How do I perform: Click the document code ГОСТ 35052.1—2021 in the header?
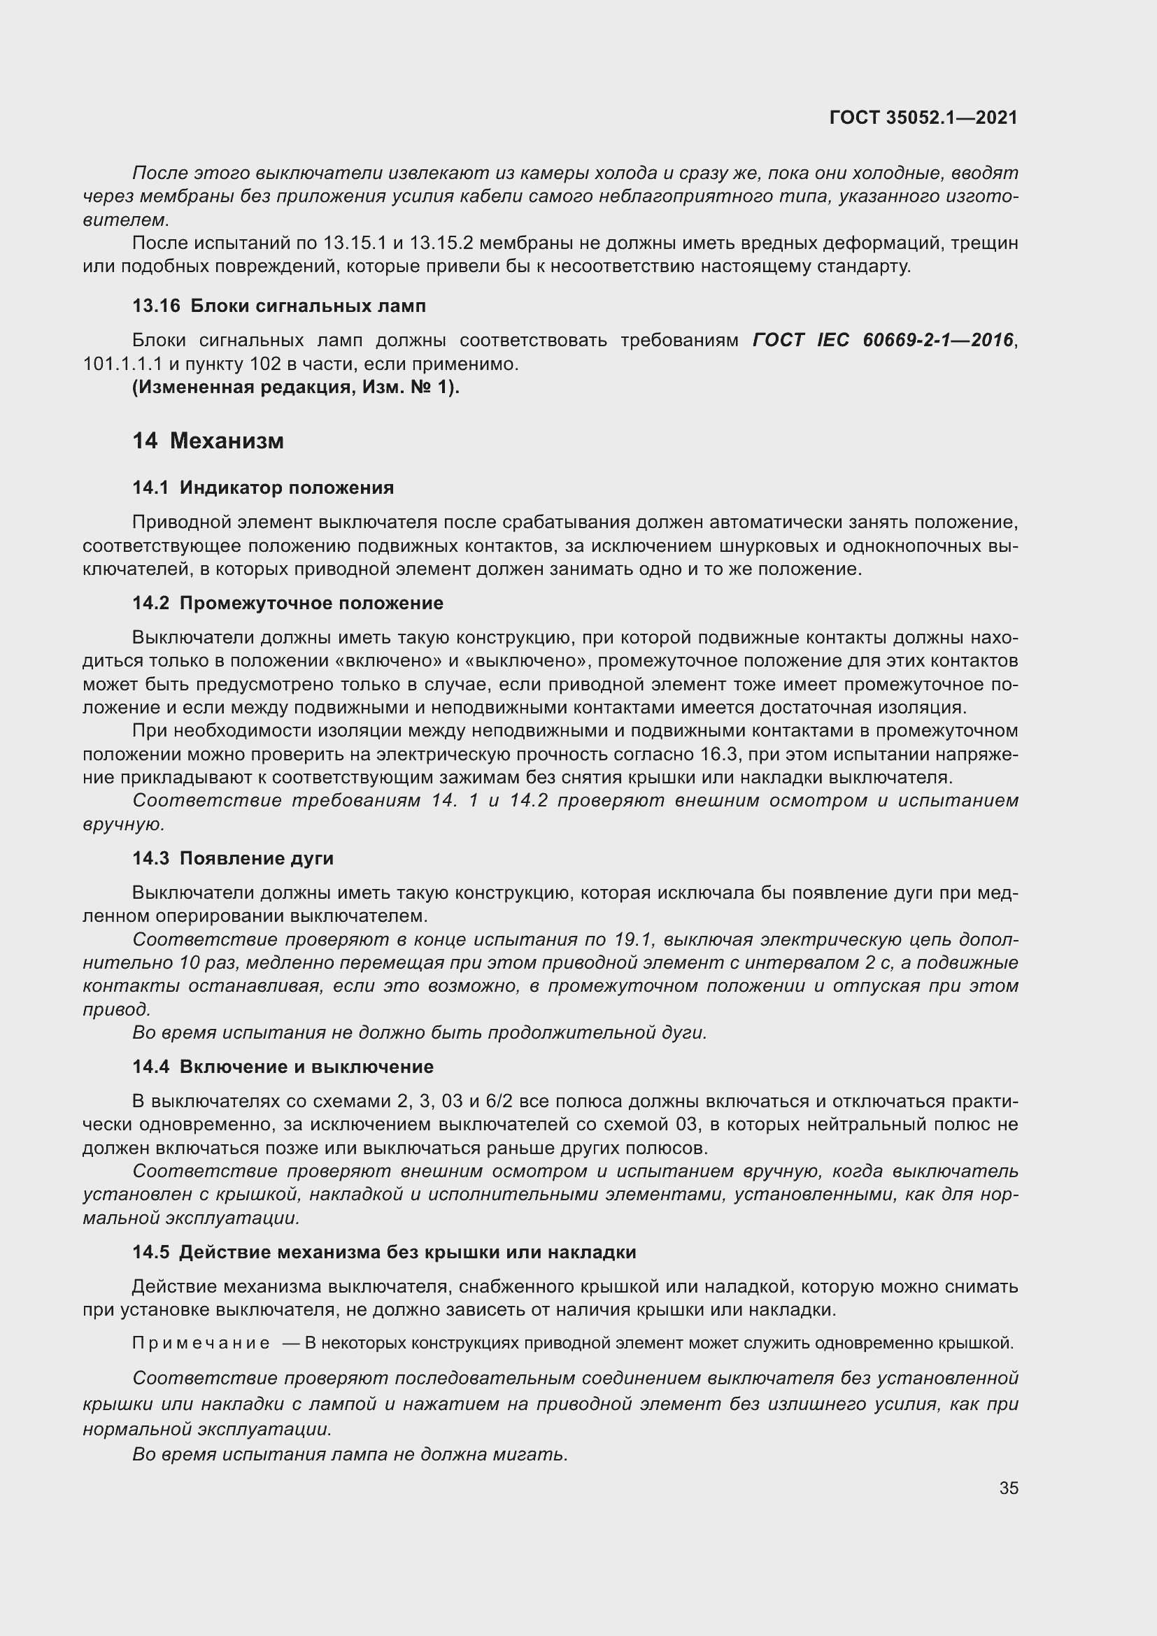(x=923, y=118)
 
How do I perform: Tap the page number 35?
(x=1008, y=1488)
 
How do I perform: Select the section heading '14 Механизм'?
(x=208, y=441)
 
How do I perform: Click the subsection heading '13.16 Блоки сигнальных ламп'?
(x=279, y=306)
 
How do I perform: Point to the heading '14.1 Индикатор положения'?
(x=263, y=488)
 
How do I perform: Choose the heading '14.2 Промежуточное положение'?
(x=288, y=603)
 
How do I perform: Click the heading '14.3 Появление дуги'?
(x=233, y=858)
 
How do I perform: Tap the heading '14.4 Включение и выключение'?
(x=283, y=1067)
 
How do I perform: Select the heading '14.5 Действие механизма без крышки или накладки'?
(x=384, y=1252)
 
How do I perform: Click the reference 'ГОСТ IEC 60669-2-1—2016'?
(x=883, y=341)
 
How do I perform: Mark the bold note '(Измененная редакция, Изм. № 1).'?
(x=296, y=387)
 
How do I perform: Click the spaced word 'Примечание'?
(x=201, y=1343)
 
